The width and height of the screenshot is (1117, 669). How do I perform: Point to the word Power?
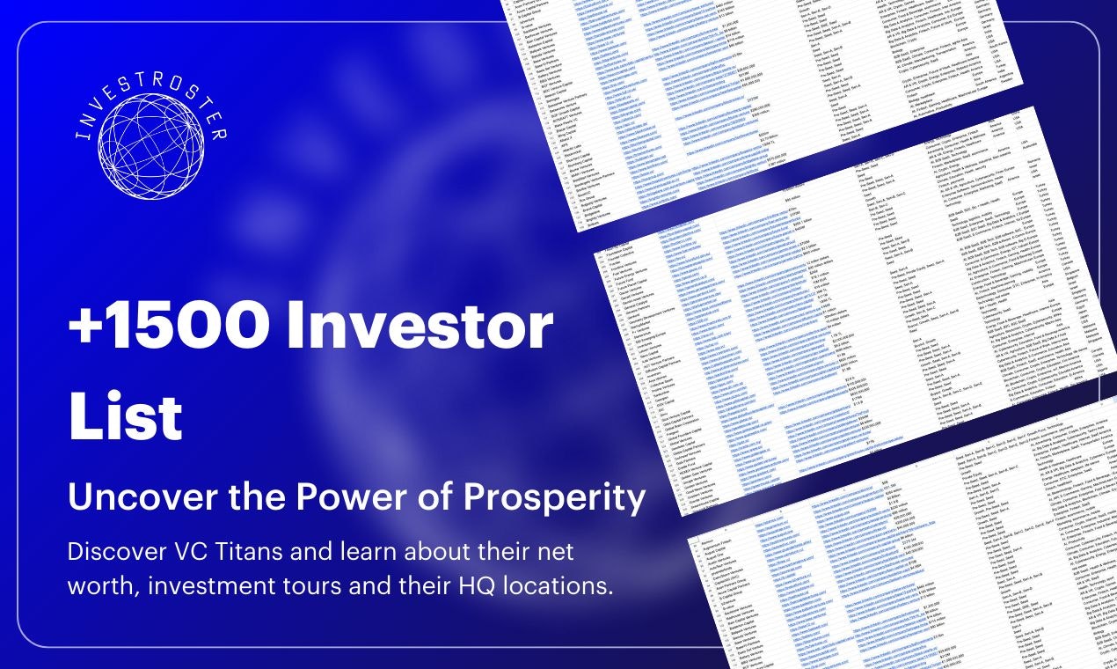339,498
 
